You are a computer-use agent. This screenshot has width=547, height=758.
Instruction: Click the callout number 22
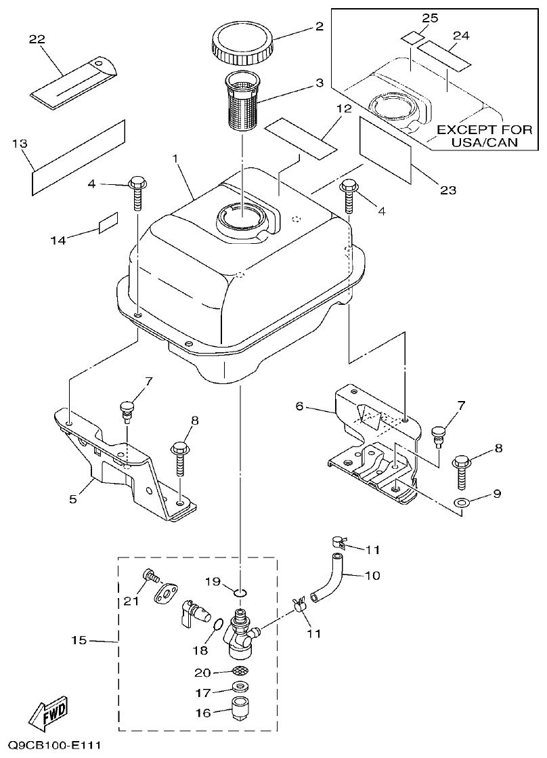pyautogui.click(x=37, y=40)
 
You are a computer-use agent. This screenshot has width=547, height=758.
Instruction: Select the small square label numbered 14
pyautogui.click(x=108, y=223)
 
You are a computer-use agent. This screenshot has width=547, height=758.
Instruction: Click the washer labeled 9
pyautogui.click(x=461, y=503)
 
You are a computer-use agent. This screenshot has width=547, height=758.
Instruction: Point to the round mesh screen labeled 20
pyautogui.click(x=240, y=671)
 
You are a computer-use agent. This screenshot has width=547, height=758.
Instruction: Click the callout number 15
pyautogui.click(x=79, y=640)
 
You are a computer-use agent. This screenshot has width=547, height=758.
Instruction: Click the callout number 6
pyautogui.click(x=300, y=407)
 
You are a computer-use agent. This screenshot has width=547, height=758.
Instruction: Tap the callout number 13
pyautogui.click(x=20, y=143)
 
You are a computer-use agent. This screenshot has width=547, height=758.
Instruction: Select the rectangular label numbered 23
pyautogui.click(x=384, y=148)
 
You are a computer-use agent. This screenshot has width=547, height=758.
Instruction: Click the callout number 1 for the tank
pyautogui.click(x=175, y=158)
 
